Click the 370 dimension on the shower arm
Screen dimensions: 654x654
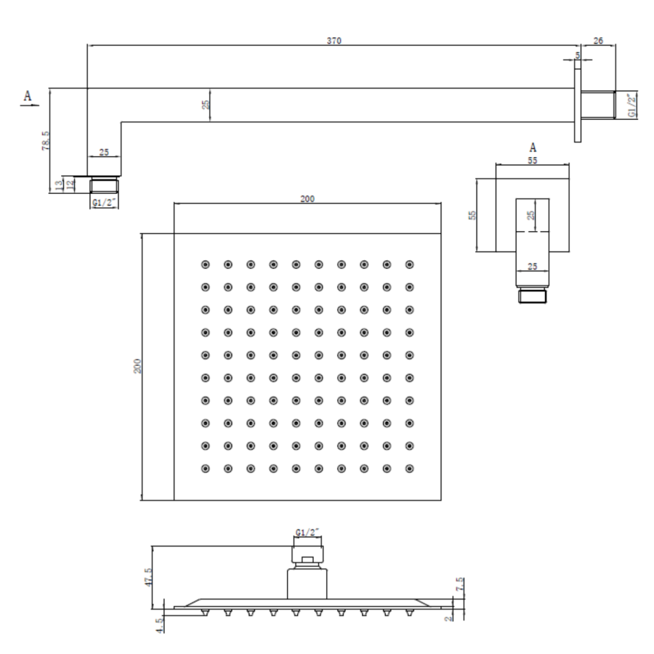334,41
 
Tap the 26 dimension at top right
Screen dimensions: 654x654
598,41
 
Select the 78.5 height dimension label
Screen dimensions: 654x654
46,140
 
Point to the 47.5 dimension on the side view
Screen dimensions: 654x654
148,577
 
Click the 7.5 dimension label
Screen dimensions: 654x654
460,584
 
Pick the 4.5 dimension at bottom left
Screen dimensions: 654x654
159,626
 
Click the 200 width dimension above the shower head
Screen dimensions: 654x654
307,199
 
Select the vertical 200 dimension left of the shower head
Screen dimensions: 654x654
137,366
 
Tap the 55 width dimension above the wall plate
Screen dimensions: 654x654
533,161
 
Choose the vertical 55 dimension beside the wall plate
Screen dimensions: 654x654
472,215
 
